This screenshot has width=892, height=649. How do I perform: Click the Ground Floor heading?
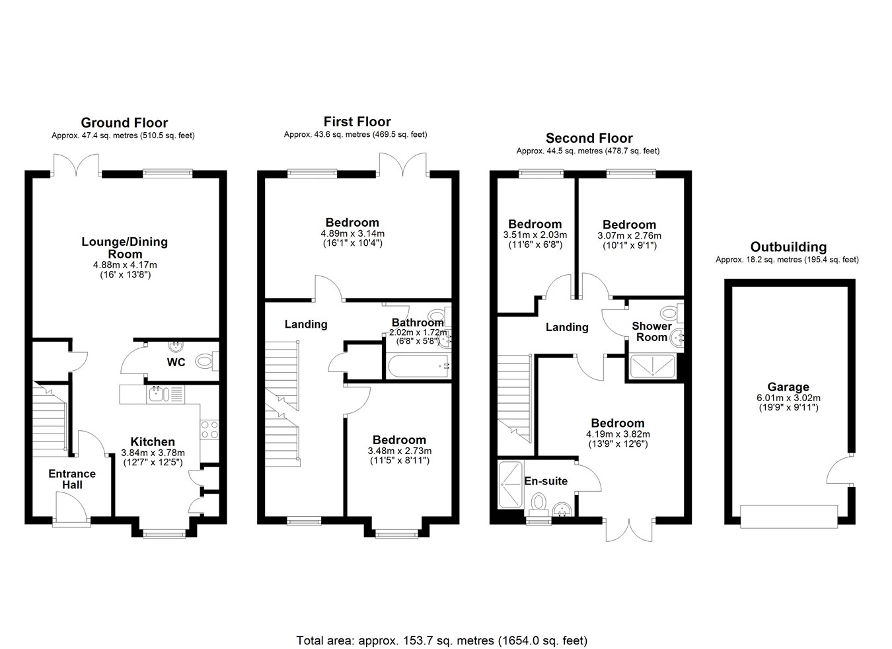(x=124, y=123)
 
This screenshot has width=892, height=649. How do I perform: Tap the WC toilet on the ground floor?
(x=207, y=362)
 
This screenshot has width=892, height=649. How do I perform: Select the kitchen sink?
(x=159, y=395)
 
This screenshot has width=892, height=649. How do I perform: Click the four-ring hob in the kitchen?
(x=209, y=430)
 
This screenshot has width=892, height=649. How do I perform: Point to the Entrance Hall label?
(x=72, y=479)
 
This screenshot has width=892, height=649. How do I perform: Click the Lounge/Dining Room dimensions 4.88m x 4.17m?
(x=125, y=265)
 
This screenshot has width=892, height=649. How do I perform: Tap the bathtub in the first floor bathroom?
(x=418, y=365)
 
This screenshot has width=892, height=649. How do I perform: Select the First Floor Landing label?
(x=306, y=324)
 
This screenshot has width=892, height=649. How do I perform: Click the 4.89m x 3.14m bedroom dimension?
(x=352, y=233)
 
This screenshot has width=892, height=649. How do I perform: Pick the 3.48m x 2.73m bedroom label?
(x=399, y=440)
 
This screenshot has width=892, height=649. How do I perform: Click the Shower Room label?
(x=652, y=332)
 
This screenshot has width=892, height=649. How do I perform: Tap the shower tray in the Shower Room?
(x=653, y=366)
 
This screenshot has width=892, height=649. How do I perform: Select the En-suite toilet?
(x=539, y=503)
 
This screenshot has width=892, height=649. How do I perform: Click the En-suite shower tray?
(x=510, y=485)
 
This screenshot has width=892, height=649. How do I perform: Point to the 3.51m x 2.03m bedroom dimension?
(x=535, y=235)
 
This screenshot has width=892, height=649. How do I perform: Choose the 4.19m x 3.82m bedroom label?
(x=618, y=423)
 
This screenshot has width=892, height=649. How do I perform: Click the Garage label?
(x=788, y=387)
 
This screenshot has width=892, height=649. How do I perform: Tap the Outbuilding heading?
(x=788, y=247)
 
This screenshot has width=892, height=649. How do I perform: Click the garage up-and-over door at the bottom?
(x=789, y=517)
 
